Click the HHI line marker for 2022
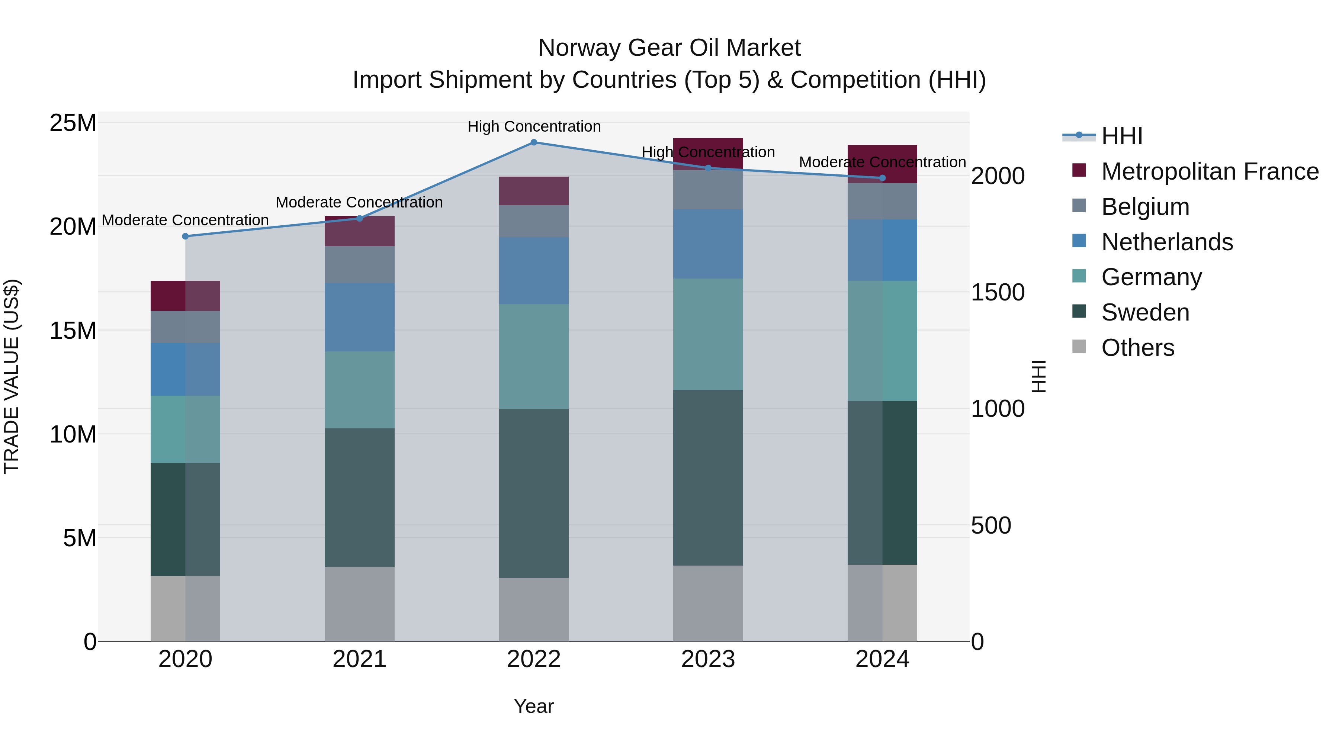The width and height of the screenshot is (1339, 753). pos(533,142)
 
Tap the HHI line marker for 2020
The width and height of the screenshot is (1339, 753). pos(186,236)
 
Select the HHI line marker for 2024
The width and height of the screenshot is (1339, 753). pos(882,178)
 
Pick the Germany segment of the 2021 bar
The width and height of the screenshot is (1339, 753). pos(359,390)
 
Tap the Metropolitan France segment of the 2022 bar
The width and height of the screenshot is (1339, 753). pos(533,191)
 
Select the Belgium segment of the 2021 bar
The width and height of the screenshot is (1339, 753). pos(359,264)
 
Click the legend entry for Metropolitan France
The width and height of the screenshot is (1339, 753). pos(1209,171)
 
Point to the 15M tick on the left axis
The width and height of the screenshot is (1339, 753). pos(73,331)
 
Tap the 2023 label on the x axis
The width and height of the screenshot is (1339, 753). pos(708,659)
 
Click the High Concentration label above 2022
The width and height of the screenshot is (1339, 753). pos(534,126)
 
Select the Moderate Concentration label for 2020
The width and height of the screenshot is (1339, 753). pos(185,221)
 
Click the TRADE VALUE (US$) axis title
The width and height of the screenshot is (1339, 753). pos(12,376)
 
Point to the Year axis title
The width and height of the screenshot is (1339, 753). pos(533,706)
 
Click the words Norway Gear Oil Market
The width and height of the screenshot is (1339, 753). pos(669,48)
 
